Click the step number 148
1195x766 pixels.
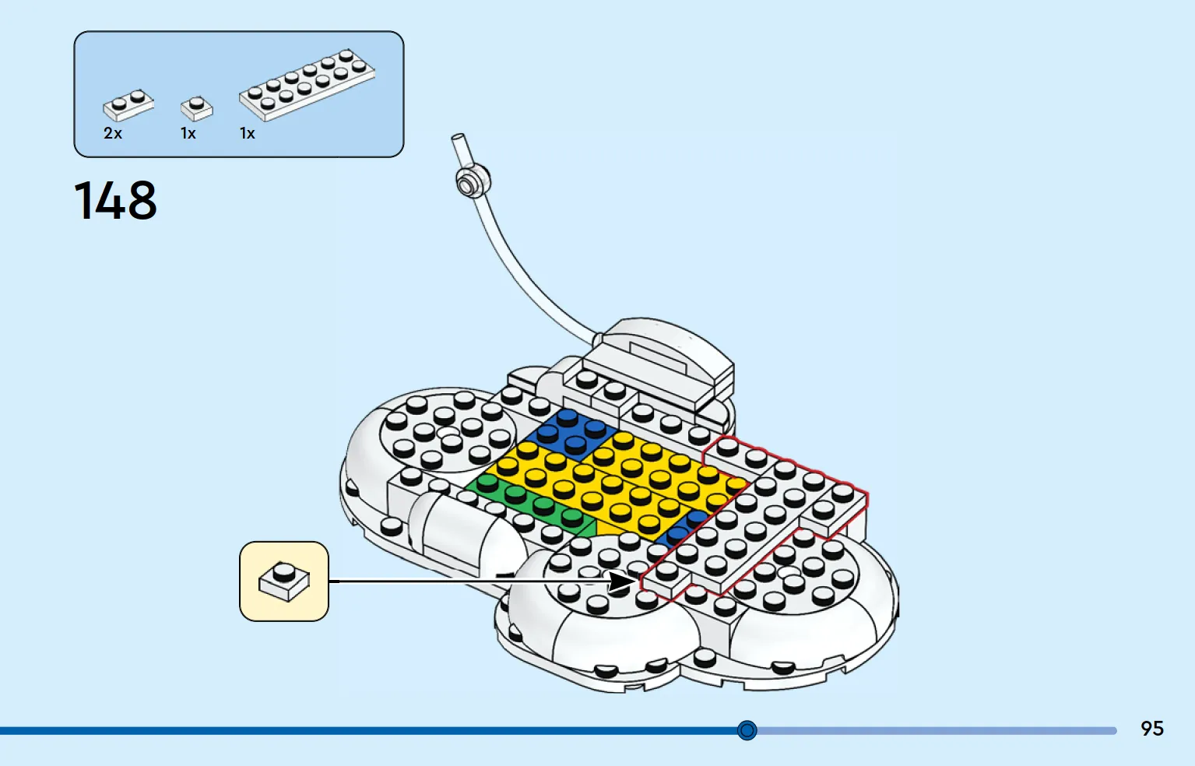pos(115,200)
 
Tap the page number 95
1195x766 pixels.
pos(1151,729)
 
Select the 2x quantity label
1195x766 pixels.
pos(113,133)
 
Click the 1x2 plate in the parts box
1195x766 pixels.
pos(128,104)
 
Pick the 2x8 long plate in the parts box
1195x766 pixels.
pos(308,85)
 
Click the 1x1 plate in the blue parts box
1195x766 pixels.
pos(197,108)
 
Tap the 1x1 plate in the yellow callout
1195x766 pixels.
pos(284,582)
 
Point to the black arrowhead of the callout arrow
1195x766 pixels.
pos(623,581)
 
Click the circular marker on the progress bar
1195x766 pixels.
pos(747,729)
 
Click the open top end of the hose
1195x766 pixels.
pos(458,137)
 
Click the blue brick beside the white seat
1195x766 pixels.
pos(571,435)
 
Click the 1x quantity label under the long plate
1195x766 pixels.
pos(247,133)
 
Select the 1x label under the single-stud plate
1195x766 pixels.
pos(188,133)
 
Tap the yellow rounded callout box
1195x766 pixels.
pos(284,582)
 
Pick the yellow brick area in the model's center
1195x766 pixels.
pos(613,480)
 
